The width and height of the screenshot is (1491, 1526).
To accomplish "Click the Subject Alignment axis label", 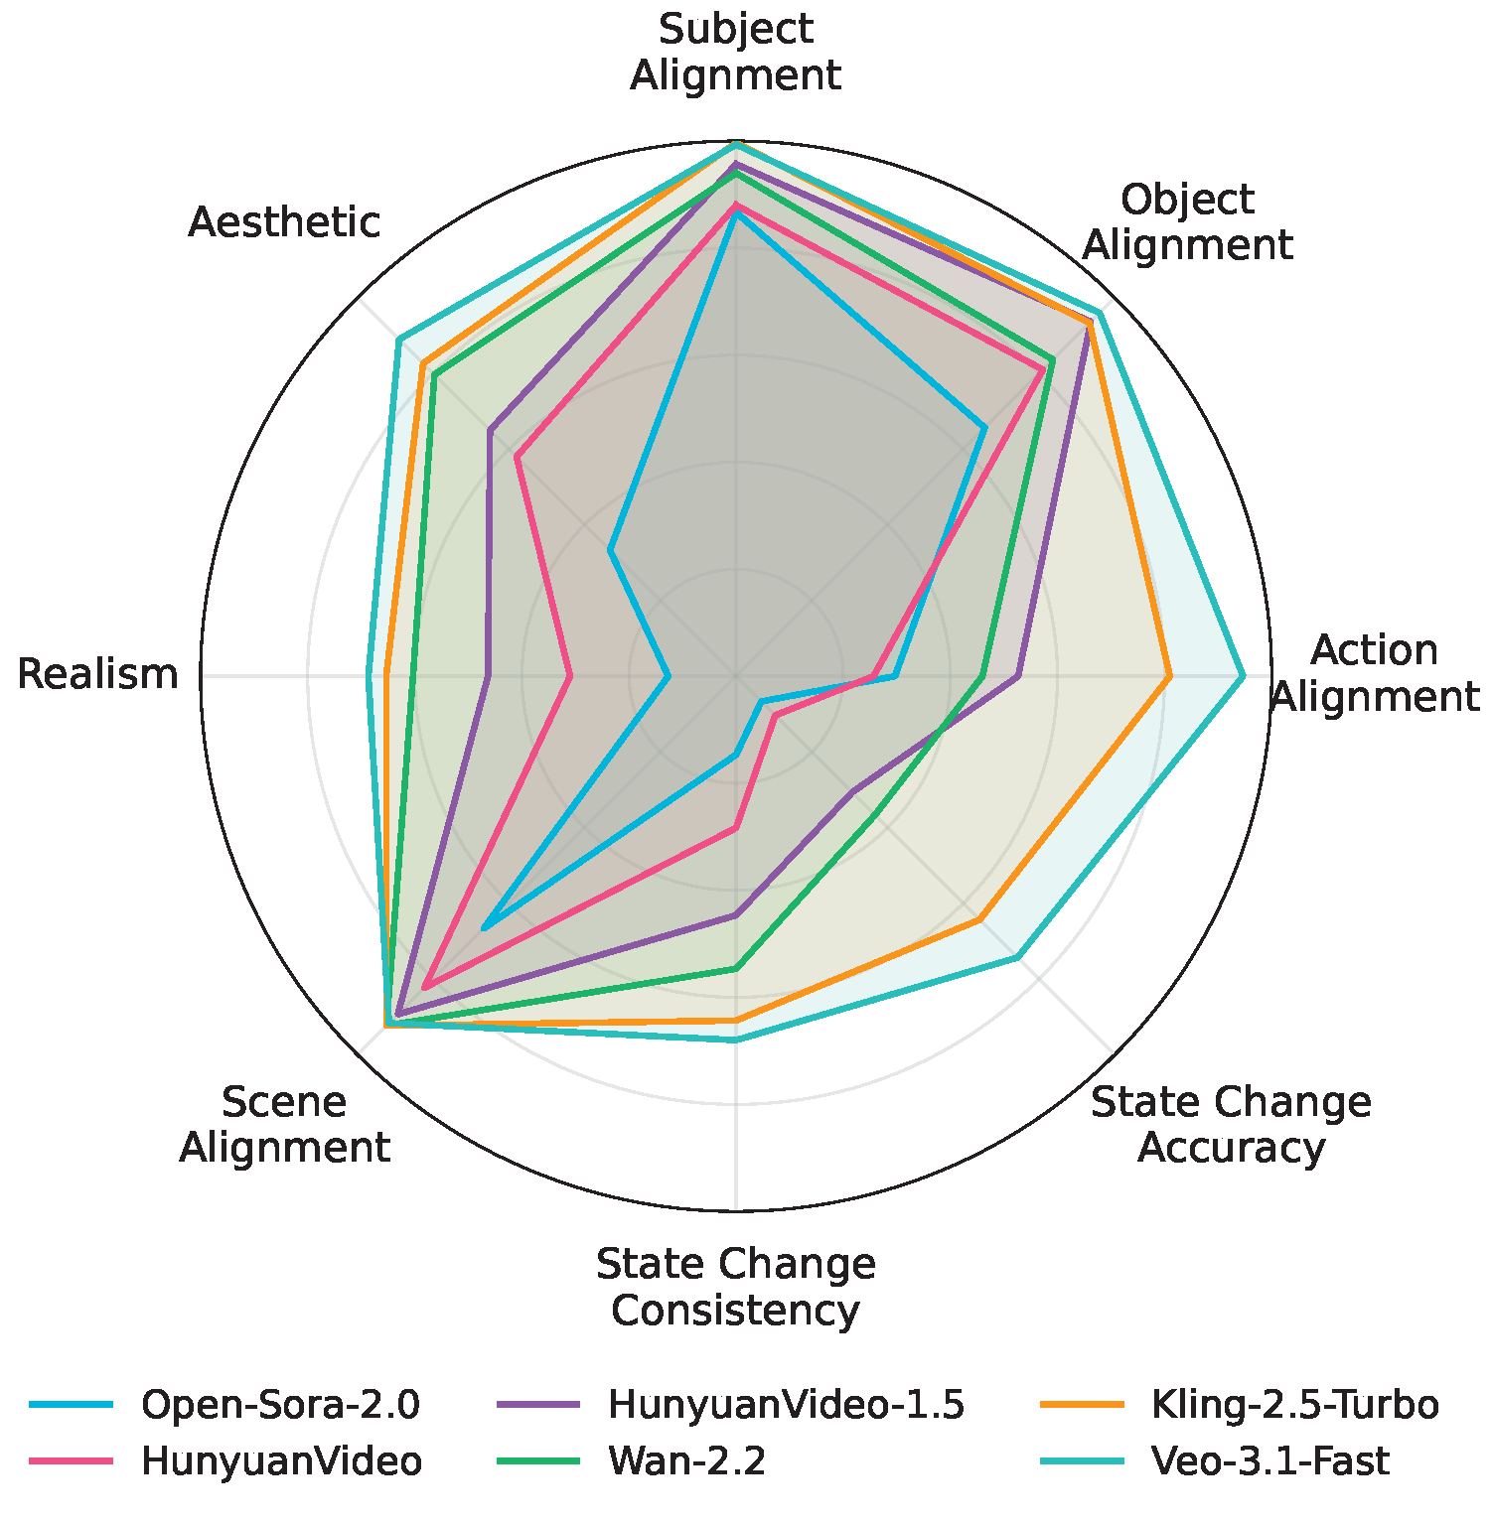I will (735, 53).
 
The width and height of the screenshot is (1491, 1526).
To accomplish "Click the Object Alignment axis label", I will (1187, 221).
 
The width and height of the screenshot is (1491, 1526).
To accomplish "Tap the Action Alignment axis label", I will (1375, 673).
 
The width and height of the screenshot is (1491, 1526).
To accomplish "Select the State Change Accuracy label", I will (1231, 1124).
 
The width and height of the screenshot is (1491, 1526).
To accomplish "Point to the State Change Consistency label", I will (735, 1287).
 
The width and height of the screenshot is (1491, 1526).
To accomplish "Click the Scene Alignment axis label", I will (284, 1124).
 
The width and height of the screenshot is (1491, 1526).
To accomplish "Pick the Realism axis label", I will (97, 674).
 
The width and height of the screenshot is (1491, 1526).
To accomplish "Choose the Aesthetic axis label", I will (284, 222).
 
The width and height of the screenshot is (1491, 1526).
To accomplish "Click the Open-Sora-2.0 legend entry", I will (280, 1405).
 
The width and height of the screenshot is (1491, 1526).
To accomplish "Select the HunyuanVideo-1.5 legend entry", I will (786, 1405).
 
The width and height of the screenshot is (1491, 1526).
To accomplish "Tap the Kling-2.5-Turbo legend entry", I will (1294, 1405).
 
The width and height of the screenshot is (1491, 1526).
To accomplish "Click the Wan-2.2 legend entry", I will (686, 1461).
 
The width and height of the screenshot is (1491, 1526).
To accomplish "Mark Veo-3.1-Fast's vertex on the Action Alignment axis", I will (1242, 676).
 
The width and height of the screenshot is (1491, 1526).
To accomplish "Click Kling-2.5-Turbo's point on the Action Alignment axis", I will (1169, 676).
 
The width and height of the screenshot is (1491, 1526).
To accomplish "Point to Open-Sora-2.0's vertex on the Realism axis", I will (668, 676).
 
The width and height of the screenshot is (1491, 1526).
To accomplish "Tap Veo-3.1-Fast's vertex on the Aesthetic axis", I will (398, 341).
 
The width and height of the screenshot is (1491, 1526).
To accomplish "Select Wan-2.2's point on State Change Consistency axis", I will (735, 968).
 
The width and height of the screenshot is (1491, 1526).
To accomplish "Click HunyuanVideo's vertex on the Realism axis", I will (569, 676).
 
